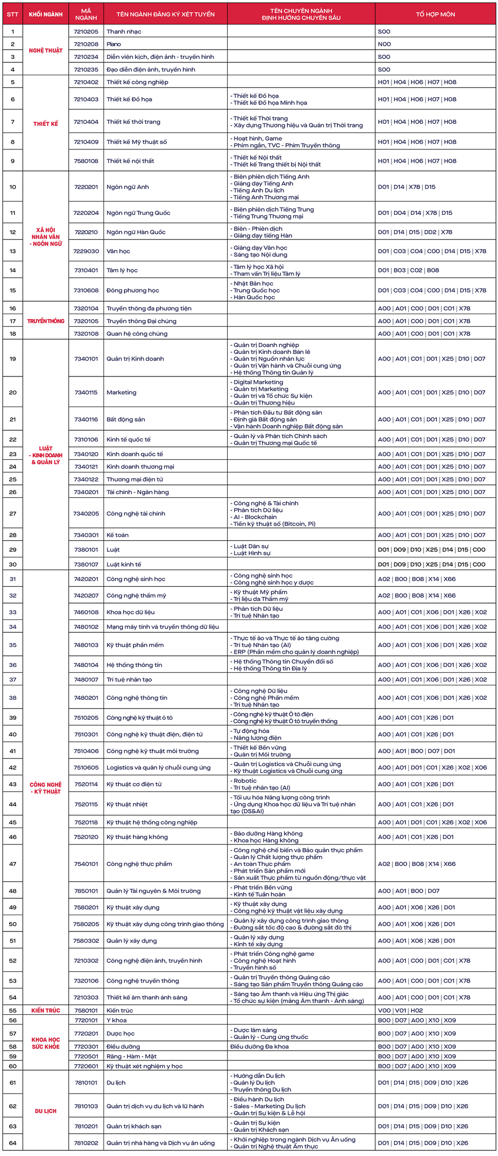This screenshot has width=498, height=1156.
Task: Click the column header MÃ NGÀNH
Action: [x=86, y=14]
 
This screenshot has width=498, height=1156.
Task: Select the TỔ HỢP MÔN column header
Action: [x=435, y=14]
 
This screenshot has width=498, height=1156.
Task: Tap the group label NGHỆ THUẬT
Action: [x=46, y=51]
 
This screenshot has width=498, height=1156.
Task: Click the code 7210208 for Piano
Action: [x=86, y=45]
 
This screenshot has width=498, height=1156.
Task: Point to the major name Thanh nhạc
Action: [x=124, y=32]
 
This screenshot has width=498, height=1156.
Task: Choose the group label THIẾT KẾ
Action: [x=46, y=124]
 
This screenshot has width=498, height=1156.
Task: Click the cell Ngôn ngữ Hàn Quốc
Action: [x=136, y=232]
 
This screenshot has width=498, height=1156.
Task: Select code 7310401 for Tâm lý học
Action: [x=86, y=271]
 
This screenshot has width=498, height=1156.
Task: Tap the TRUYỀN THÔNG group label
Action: [x=46, y=321]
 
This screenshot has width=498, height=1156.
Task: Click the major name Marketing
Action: [x=121, y=393]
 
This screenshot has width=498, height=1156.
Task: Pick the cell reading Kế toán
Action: [x=117, y=535]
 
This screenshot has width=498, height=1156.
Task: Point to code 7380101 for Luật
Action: [x=86, y=550]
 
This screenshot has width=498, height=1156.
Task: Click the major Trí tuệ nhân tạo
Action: [x=129, y=680]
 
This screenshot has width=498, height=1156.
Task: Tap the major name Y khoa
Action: [x=116, y=1020]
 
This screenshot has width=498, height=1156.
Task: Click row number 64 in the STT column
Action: [x=13, y=1143]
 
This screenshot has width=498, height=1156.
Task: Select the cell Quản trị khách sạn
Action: [x=134, y=1126]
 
